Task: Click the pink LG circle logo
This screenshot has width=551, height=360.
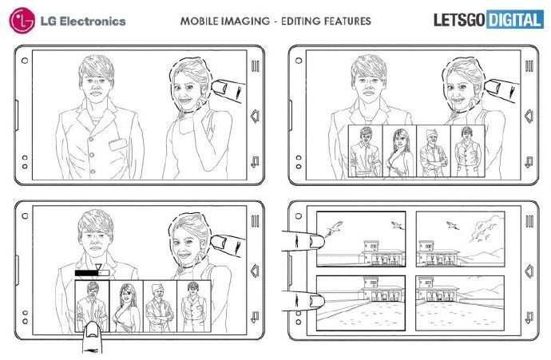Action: (x=22, y=21)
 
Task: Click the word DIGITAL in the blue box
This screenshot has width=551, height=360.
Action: (x=514, y=20)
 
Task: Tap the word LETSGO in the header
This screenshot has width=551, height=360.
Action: (x=459, y=20)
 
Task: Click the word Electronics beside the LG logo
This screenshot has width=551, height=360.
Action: (x=93, y=22)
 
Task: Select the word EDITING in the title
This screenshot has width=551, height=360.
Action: (x=302, y=21)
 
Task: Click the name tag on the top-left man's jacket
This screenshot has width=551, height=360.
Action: (x=117, y=144)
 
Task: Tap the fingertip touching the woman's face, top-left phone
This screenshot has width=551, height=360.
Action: (x=220, y=88)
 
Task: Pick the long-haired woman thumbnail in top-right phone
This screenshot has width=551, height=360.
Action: (x=399, y=152)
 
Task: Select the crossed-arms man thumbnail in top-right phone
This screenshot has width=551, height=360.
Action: (x=434, y=152)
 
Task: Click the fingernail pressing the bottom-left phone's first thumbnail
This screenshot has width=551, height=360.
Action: (x=93, y=330)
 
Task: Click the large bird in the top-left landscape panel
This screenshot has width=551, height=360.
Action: (x=334, y=228)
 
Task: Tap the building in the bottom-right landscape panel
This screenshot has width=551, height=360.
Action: (x=435, y=291)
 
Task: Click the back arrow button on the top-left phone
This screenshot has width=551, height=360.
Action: (x=255, y=117)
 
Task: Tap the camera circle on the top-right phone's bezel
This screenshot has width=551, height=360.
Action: (x=299, y=61)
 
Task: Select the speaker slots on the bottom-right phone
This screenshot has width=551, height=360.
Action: (x=529, y=221)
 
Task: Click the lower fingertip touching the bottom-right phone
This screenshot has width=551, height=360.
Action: (x=315, y=301)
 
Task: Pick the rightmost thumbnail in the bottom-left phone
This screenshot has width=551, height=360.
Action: (x=194, y=307)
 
